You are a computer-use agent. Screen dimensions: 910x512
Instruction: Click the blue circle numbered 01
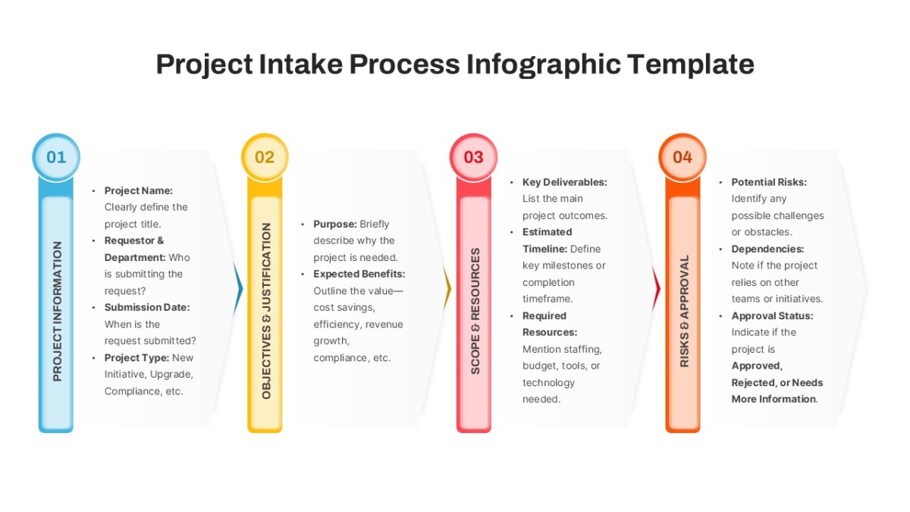[56, 157]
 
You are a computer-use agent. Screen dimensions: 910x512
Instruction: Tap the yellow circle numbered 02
[265, 157]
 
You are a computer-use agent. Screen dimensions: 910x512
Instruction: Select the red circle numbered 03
[474, 157]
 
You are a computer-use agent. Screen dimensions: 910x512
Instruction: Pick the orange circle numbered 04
[682, 157]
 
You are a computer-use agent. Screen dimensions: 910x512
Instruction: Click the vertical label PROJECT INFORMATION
[58, 311]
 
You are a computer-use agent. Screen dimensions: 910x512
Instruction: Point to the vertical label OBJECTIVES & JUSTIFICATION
[266, 311]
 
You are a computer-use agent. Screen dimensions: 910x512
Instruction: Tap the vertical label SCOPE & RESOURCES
[475, 311]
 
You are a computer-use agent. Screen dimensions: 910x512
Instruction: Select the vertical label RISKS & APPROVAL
[684, 311]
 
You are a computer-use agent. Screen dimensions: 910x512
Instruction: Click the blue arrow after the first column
[238, 289]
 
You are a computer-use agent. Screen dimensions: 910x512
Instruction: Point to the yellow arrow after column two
[447, 289]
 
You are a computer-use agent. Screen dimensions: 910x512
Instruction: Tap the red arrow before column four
[656, 289]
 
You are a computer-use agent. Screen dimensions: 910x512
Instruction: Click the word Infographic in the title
[543, 64]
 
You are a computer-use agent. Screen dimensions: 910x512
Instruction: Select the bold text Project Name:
[139, 190]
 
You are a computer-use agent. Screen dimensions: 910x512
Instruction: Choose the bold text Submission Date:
[147, 307]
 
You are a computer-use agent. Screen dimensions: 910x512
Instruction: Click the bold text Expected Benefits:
[359, 274]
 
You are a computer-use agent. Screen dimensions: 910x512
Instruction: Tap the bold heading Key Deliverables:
[565, 182]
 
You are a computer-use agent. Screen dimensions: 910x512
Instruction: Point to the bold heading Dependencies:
[767, 249]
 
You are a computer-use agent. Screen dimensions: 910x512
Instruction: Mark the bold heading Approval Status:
[772, 316]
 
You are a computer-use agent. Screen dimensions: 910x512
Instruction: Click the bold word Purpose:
[335, 224]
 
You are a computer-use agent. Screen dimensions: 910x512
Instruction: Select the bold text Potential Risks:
[769, 182]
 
